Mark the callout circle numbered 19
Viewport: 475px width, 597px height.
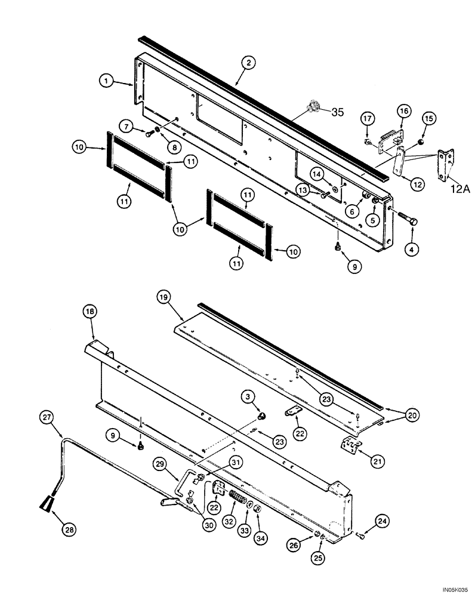click(165, 296)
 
